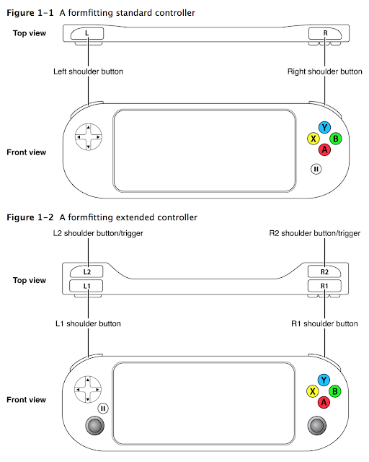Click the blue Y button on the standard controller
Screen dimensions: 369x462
(x=324, y=128)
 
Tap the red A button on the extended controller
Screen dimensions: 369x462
(x=324, y=402)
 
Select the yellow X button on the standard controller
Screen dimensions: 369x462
(x=314, y=139)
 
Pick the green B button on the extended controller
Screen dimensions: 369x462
(x=335, y=391)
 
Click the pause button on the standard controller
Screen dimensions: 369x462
(x=316, y=169)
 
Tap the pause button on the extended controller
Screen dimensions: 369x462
(x=103, y=409)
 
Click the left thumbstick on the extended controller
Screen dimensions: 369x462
(x=94, y=425)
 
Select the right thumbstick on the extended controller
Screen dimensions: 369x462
(x=317, y=425)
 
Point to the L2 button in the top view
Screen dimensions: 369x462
(x=86, y=271)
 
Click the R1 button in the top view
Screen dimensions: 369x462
(x=324, y=286)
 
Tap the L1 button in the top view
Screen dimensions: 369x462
(x=86, y=286)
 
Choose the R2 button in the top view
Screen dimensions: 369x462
(x=324, y=271)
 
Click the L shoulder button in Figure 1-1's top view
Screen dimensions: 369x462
(x=87, y=33)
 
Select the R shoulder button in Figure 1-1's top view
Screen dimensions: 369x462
(x=325, y=33)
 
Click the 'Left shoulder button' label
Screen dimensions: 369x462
(x=88, y=71)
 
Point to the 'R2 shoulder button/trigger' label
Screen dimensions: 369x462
(x=314, y=233)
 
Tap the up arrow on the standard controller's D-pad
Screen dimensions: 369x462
(x=88, y=127)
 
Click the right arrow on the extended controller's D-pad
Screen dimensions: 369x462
(x=97, y=390)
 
